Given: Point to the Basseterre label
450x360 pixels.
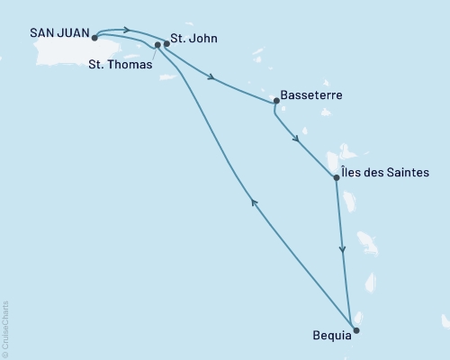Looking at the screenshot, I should point(311,94).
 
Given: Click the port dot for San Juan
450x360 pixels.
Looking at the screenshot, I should point(94,38).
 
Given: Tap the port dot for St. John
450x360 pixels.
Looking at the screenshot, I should point(166,43).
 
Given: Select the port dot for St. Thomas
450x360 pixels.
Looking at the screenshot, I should point(157,44).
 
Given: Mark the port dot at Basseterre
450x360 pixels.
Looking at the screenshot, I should point(275,101).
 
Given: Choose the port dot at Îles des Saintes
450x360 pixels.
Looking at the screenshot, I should point(337,177).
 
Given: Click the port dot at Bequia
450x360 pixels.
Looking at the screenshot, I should point(355,330).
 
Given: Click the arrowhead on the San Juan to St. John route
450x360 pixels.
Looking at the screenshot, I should point(126,30).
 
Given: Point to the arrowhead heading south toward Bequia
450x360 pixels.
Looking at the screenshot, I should point(342,252).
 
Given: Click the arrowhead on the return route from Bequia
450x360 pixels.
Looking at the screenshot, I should point(255,203).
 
